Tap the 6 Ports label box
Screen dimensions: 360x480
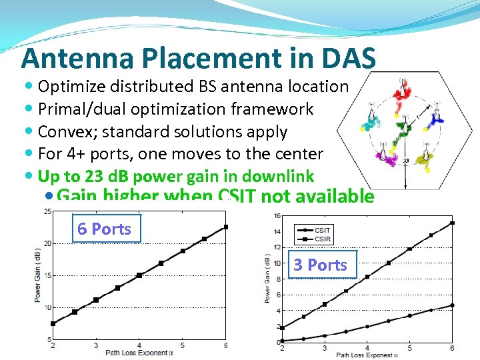(x=105, y=229)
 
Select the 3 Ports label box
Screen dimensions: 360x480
(x=321, y=265)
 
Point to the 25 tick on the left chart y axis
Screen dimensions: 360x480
(x=46, y=212)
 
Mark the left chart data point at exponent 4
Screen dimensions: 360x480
(x=139, y=275)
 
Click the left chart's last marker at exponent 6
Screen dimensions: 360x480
(x=225, y=227)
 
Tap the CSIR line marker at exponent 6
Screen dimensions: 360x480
(x=453, y=223)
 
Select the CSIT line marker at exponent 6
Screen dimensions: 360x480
(x=453, y=305)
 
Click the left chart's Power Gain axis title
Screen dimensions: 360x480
(x=37, y=275)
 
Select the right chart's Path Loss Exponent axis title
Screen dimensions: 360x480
(x=367, y=355)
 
